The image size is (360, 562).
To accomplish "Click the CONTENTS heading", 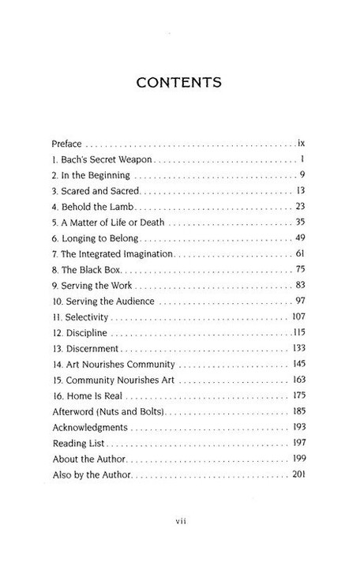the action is pyautogui.click(x=180, y=83).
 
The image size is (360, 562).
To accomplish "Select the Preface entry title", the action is pyautogui.click(x=66, y=145).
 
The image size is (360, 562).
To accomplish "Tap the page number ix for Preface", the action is pyautogui.click(x=301, y=145).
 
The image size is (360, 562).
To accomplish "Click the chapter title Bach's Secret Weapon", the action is pyautogui.click(x=103, y=162).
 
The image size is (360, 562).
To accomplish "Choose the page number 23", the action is pyautogui.click(x=300, y=208).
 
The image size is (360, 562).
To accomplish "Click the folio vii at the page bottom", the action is pyautogui.click(x=180, y=520).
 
